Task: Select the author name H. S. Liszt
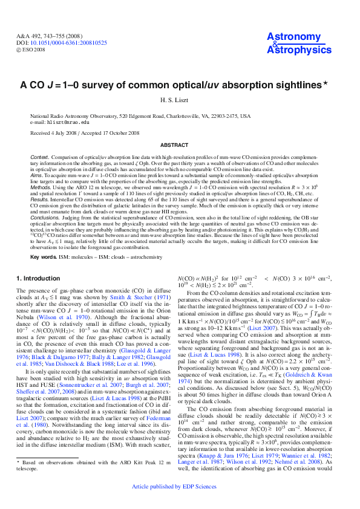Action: click(180, 100)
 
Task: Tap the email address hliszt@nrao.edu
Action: click(73, 122)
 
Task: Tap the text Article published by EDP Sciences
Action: click(180, 486)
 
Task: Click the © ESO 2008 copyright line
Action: click(36, 50)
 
